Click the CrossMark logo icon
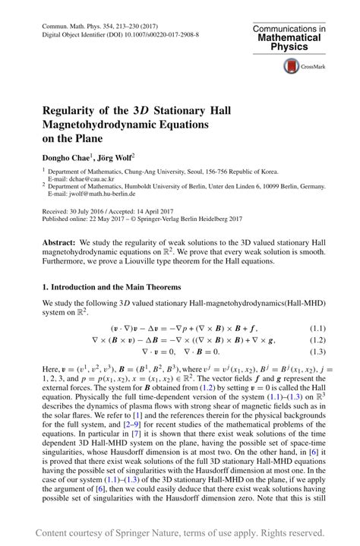coord(292,67)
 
